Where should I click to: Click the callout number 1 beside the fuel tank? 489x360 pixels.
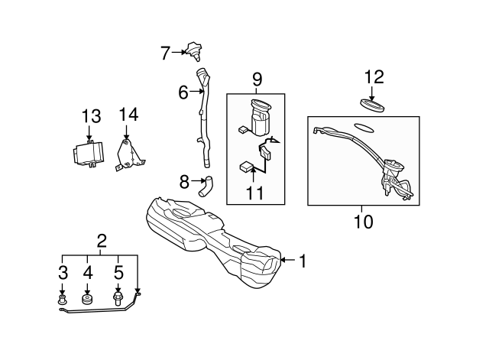(303, 261)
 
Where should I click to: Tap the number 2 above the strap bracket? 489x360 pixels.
(102, 241)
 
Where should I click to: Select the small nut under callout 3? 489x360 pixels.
(62, 299)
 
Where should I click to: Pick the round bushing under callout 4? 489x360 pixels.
(87, 299)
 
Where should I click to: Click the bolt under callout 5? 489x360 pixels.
(118, 299)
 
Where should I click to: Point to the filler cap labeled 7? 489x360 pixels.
(193, 52)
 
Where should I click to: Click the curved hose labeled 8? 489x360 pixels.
(206, 186)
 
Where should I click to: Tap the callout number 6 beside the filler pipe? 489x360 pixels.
(183, 92)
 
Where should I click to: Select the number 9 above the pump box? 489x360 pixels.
(257, 79)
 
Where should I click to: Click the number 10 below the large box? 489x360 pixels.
(364, 222)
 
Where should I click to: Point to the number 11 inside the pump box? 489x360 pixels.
(254, 193)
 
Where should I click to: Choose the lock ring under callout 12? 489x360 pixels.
(372, 105)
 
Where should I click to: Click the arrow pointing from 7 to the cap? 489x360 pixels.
(179, 53)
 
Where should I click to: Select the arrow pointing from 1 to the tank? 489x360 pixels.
(288, 260)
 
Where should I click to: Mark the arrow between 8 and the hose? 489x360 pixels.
(199, 180)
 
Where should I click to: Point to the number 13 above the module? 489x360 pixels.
(92, 116)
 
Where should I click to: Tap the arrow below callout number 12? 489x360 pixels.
(371, 94)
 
